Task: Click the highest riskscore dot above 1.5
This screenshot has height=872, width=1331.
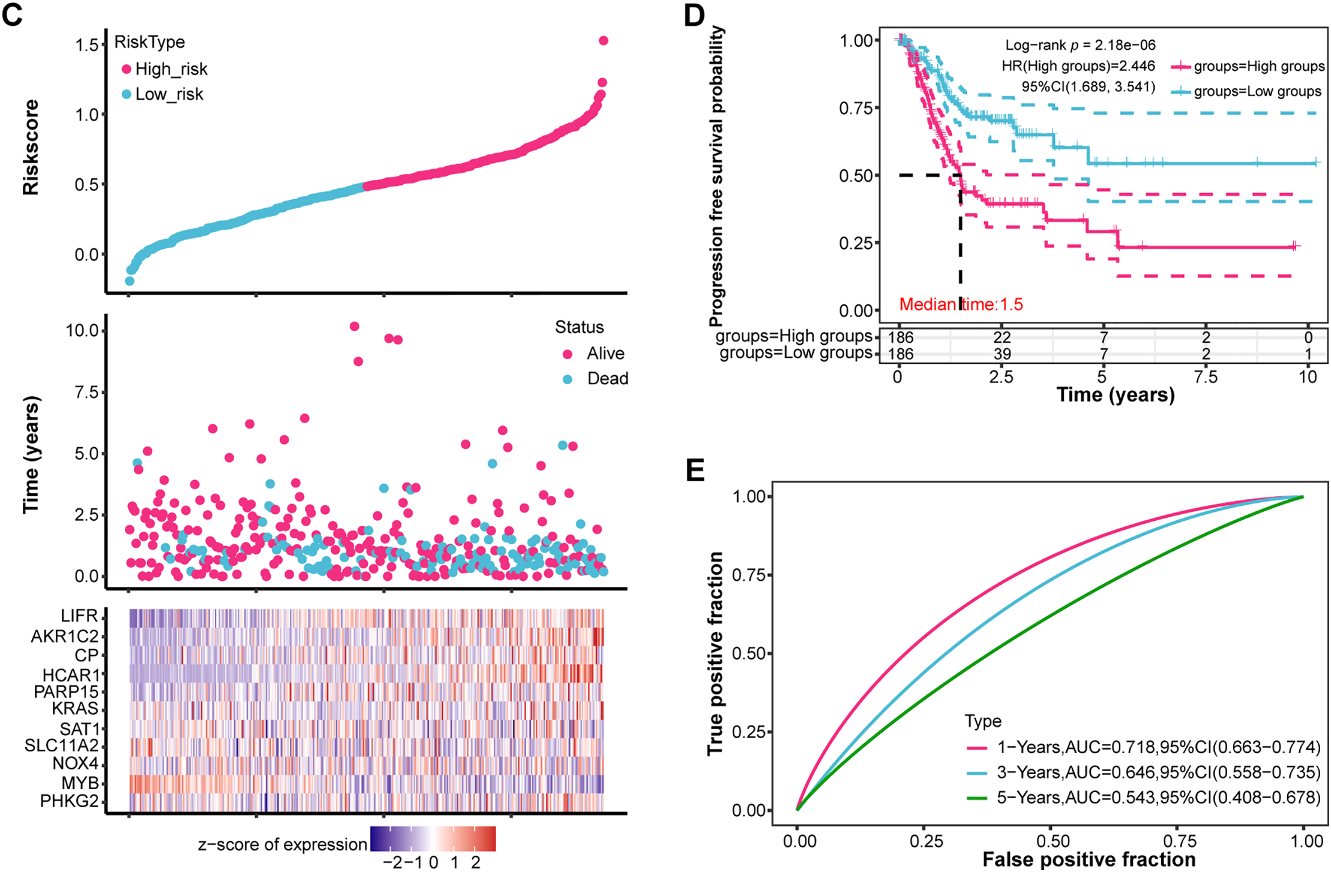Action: [x=603, y=41]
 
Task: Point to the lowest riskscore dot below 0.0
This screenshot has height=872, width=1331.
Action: [x=129, y=281]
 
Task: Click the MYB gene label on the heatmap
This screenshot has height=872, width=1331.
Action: [x=80, y=783]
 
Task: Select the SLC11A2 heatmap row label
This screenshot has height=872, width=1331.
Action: [x=61, y=746]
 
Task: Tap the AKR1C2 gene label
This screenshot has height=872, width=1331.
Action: [x=64, y=636]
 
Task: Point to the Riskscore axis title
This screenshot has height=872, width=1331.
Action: [x=31, y=148]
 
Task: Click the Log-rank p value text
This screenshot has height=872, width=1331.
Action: [x=1080, y=45]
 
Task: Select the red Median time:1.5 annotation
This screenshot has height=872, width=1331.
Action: [x=961, y=305]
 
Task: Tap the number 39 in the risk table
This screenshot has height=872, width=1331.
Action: [x=1002, y=354]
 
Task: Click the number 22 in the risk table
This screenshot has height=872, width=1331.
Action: [x=1002, y=337]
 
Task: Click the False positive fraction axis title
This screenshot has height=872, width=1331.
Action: [x=1089, y=859]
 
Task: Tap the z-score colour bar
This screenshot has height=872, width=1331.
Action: [x=433, y=838]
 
